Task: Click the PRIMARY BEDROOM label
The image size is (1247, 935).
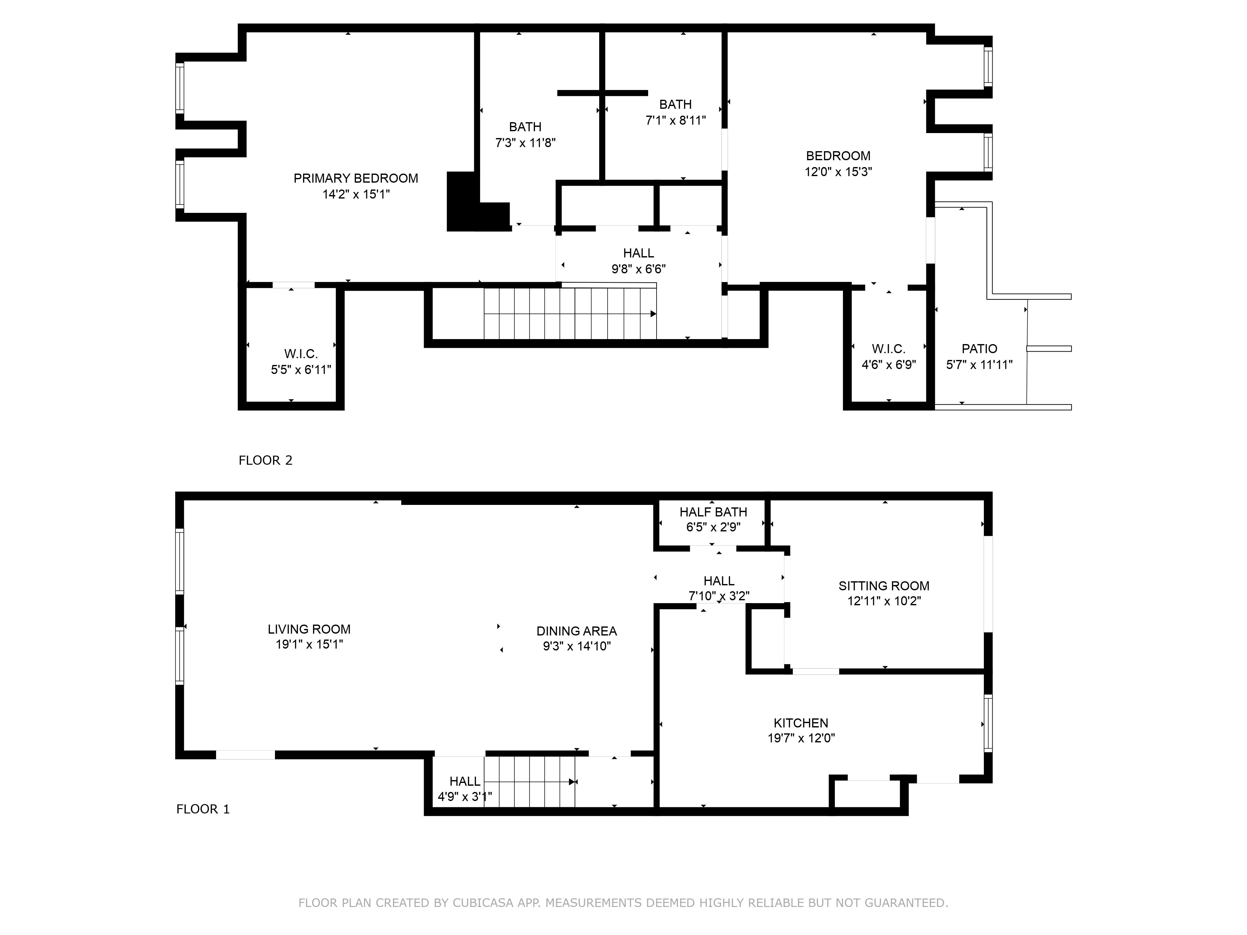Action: click(x=356, y=179)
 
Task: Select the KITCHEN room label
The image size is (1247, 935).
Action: click(x=801, y=723)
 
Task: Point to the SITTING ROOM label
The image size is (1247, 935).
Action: click(x=883, y=586)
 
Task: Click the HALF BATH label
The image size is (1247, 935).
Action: click(x=713, y=512)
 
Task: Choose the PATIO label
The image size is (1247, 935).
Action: click(x=979, y=349)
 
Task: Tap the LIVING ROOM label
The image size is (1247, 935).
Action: click(x=309, y=630)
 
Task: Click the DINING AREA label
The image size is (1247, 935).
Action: click(x=576, y=631)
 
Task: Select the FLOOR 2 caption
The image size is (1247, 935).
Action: click(x=266, y=460)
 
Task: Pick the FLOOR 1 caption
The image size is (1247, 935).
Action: click(x=203, y=809)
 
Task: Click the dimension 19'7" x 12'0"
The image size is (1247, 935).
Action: click(x=801, y=738)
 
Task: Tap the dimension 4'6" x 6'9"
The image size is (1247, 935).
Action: click(x=888, y=365)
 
